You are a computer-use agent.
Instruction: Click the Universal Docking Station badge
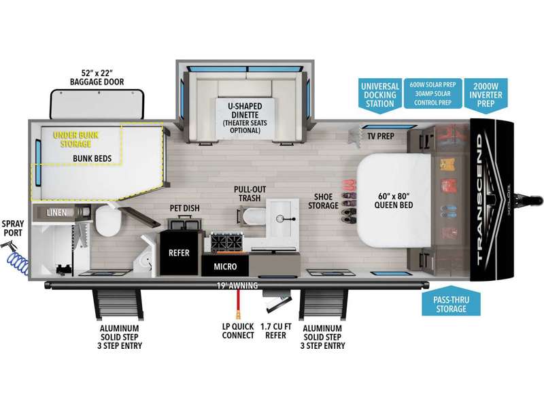pyautogui.click(x=380, y=95)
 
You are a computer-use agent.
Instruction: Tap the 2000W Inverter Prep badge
pyautogui.click(x=486, y=95)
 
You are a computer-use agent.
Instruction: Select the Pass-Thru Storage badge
pyautogui.click(x=451, y=301)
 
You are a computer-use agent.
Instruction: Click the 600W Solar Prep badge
pyautogui.click(x=432, y=93)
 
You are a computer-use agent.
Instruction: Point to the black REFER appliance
pyautogui.click(x=179, y=252)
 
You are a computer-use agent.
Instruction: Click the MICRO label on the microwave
pyautogui.click(x=225, y=267)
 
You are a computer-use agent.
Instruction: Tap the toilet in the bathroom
pyautogui.click(x=108, y=220)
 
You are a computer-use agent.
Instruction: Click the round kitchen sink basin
pyautogui.click(x=280, y=218)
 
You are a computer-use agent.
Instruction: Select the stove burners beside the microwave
pyautogui.click(x=226, y=241)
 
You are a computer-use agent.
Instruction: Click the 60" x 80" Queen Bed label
pyautogui.click(x=394, y=201)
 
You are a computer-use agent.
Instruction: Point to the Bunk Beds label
pyautogui.click(x=92, y=158)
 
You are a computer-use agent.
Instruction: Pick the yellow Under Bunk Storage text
pyautogui.click(x=76, y=139)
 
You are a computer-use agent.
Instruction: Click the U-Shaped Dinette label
pyautogui.click(x=245, y=118)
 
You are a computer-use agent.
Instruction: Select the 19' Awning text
pyautogui.click(x=237, y=286)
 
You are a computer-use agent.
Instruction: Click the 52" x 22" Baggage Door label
pyautogui.click(x=97, y=78)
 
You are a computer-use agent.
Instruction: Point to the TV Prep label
pyautogui.click(x=381, y=137)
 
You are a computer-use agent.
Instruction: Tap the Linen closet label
pyautogui.click(x=56, y=212)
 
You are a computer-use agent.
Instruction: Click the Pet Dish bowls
pyautogui.click(x=185, y=223)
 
